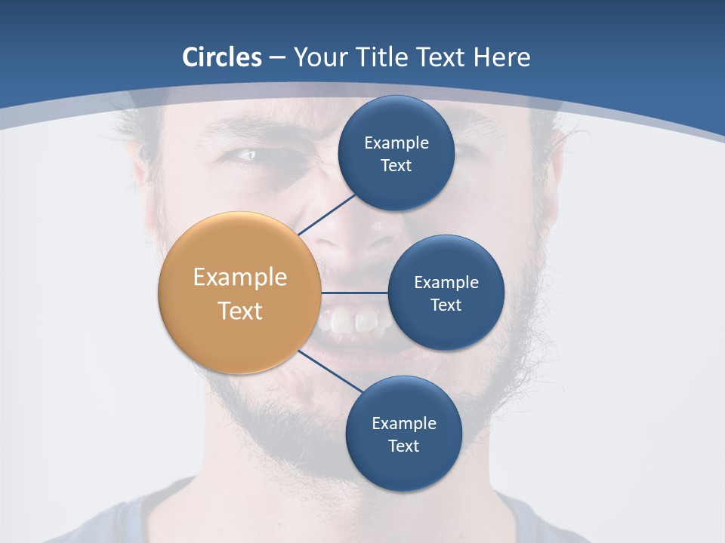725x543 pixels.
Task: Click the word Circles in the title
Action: coord(222,57)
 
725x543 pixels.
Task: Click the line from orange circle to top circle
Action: coord(326,214)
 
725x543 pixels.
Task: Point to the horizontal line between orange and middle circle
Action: coord(354,293)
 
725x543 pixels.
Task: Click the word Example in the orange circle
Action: coord(240,278)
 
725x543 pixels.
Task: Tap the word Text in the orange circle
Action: coord(240,311)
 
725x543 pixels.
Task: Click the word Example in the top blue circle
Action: coord(396,143)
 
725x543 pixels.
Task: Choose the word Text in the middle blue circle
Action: coord(446,305)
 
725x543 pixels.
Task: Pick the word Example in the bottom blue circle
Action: coord(403,424)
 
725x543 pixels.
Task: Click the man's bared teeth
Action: coord(355,321)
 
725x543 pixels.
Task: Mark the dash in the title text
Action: coord(277,58)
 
